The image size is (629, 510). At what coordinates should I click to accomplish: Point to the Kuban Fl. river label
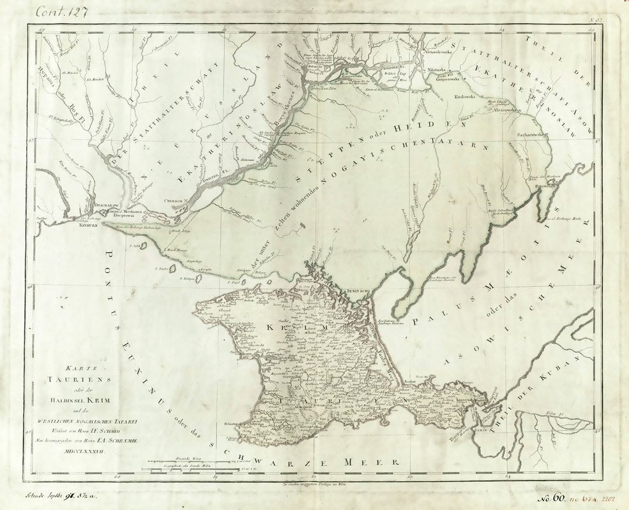[x=553, y=414]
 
